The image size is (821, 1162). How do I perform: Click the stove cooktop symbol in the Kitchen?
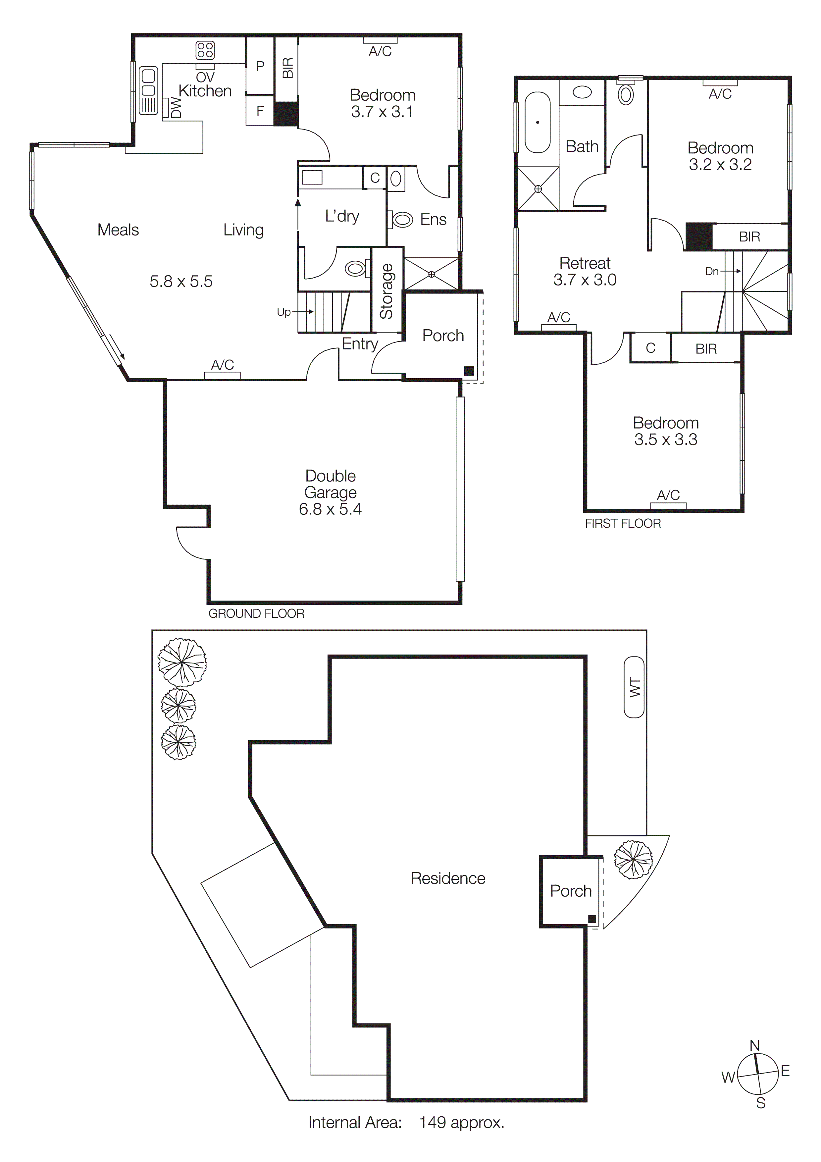205,50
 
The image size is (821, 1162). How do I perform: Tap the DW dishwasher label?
176,108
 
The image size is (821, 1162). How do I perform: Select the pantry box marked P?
260,66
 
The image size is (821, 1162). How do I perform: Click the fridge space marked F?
260,111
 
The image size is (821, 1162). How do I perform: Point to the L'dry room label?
342,216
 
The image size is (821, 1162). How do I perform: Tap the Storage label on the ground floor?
387,291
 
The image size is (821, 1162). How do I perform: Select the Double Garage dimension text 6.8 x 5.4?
330,509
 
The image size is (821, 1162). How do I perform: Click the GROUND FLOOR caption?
256,613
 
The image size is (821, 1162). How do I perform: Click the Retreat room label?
585,263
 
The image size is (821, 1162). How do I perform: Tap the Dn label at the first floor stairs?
712,271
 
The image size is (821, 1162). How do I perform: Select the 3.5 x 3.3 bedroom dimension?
666,439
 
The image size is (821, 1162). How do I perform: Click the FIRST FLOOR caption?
623,523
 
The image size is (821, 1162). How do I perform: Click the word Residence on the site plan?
448,878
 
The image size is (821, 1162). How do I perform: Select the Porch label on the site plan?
571,891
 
